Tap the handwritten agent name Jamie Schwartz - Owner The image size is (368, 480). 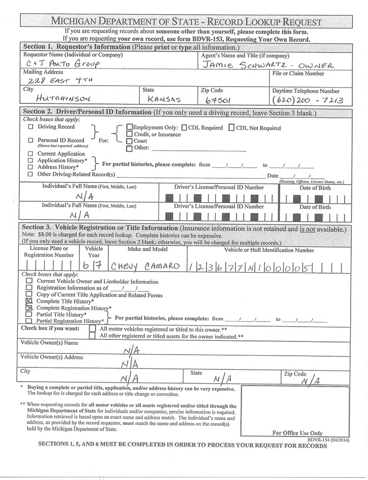(x=267, y=65)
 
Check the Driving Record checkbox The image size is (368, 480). (x=31, y=126)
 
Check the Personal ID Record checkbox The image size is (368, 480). (x=31, y=140)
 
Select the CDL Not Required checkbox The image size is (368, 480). (x=231, y=127)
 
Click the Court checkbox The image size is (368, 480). (x=129, y=141)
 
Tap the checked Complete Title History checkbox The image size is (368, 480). (x=29, y=302)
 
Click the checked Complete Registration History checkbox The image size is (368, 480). (x=29, y=308)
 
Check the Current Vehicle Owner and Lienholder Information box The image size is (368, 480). (x=29, y=281)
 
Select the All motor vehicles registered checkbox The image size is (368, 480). (x=92, y=329)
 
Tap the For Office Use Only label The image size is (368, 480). (x=297, y=433)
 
